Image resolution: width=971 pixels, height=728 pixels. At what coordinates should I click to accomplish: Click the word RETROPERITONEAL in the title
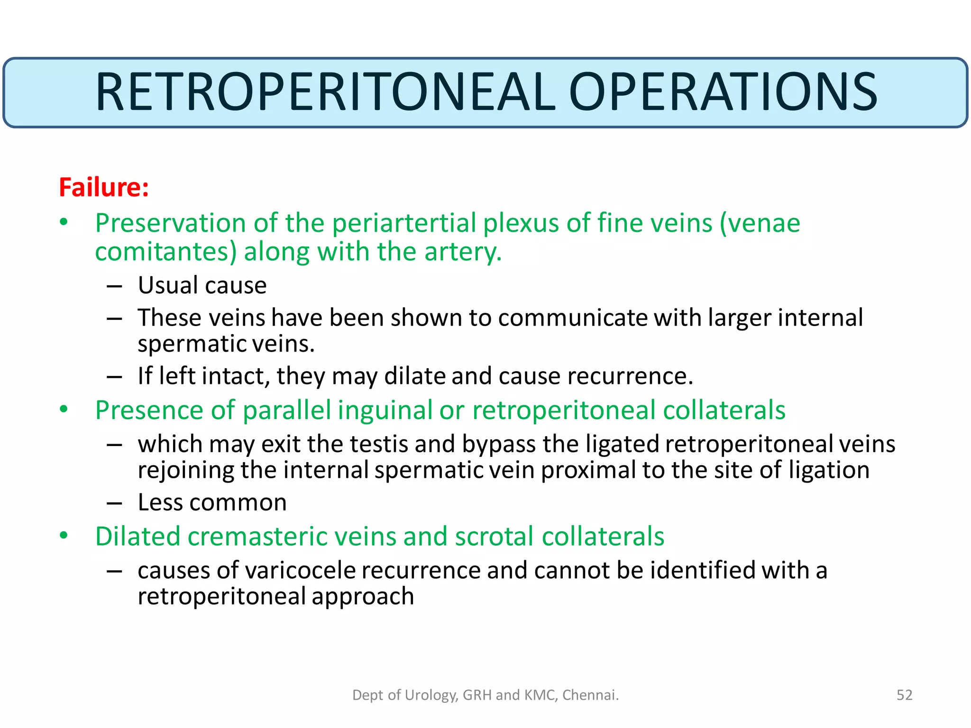[x=325, y=92]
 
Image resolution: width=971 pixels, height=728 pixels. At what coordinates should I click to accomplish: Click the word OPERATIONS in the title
[x=723, y=92]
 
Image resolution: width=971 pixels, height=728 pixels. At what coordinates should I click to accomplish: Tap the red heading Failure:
[x=104, y=187]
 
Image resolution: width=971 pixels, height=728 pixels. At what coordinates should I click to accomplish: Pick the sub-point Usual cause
[x=202, y=285]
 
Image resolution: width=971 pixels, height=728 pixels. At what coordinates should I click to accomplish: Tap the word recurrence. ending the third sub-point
[x=630, y=376]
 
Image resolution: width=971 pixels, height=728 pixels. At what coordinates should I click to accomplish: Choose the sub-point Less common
[x=212, y=502]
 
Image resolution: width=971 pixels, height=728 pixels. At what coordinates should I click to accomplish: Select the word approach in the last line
[x=363, y=596]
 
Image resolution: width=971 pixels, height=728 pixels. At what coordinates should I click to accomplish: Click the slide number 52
[x=904, y=695]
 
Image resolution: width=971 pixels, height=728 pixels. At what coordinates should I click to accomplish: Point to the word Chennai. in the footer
[x=590, y=695]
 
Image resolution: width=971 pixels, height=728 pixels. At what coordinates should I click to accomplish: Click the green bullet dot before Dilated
[x=64, y=536]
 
